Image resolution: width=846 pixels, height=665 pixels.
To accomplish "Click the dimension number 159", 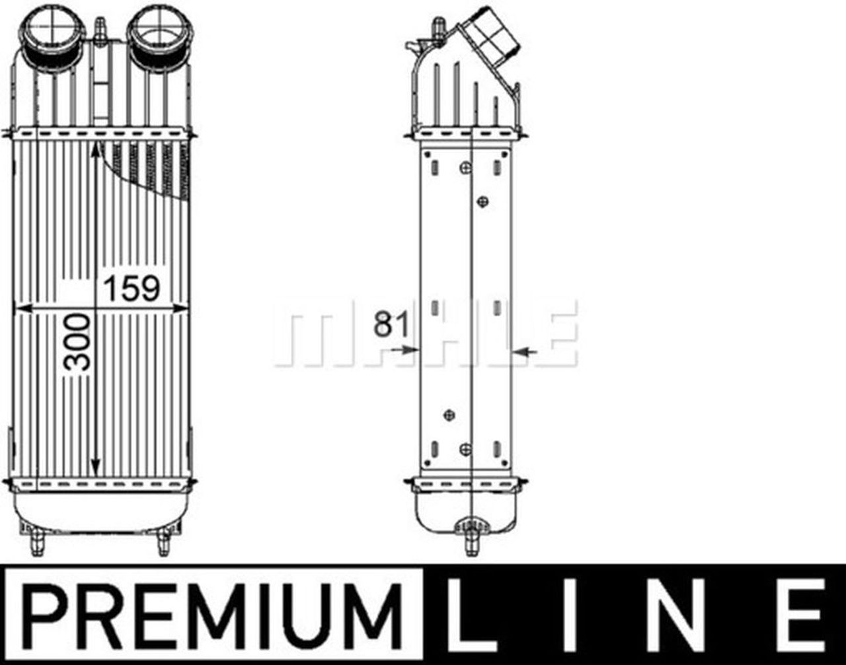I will (132, 289).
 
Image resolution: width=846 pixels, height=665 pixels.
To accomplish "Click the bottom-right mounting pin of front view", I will (163, 543).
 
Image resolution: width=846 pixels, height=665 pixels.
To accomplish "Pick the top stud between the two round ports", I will (100, 30).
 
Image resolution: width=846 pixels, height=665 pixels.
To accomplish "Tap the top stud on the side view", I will (437, 28).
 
